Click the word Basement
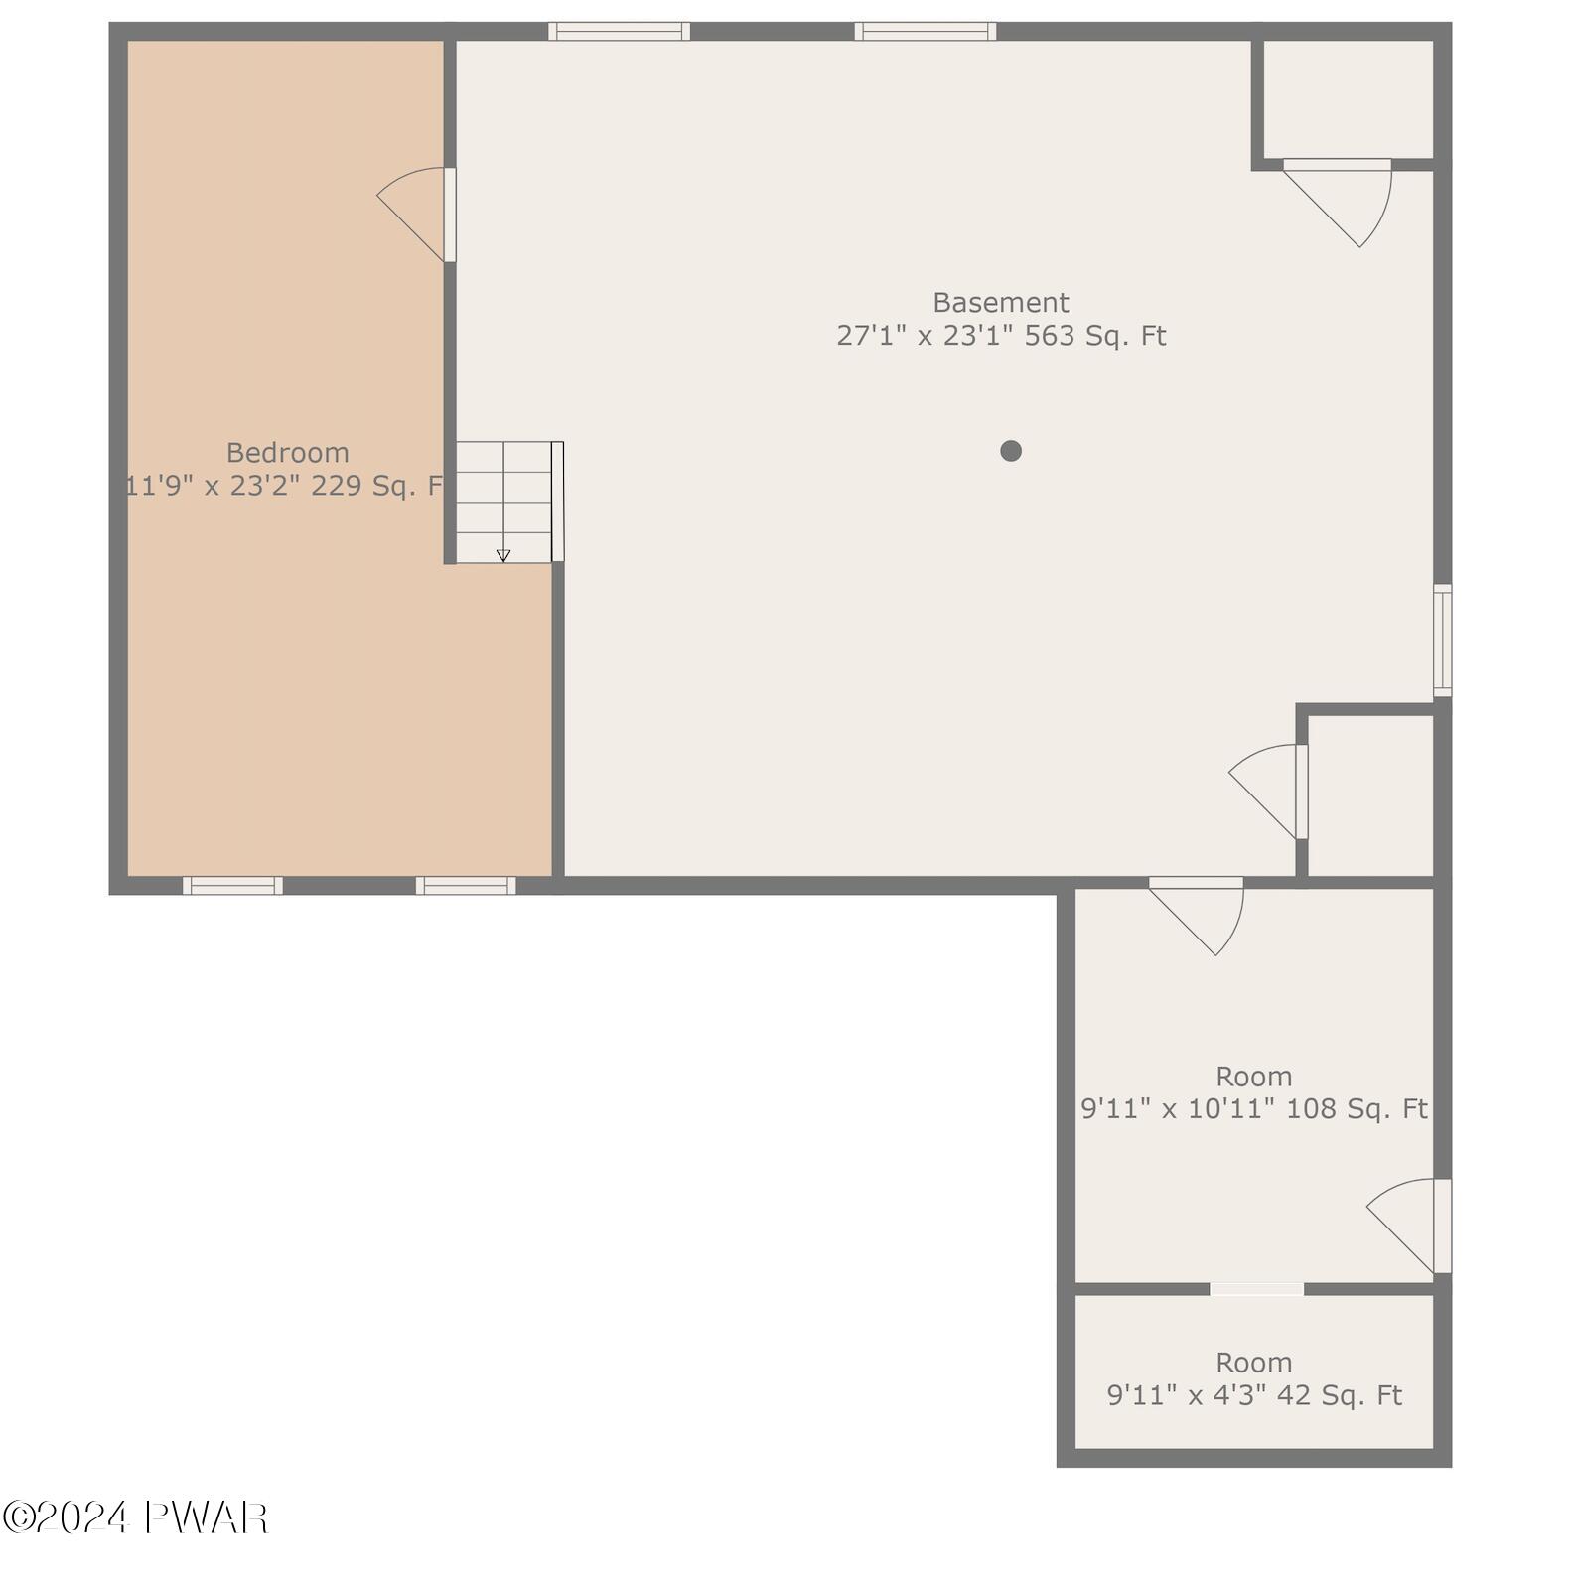[1000, 302]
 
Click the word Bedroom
[287, 453]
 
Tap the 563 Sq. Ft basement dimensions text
[1000, 336]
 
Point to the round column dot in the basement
[1010, 451]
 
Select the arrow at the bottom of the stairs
[503, 555]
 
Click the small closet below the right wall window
[1369, 794]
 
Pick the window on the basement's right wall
[1442, 640]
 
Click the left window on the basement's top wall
[619, 31]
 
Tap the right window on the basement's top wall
[925, 31]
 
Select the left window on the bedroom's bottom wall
[232, 885]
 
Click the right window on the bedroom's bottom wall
[465, 885]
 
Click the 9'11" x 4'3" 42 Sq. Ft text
[1253, 1395]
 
